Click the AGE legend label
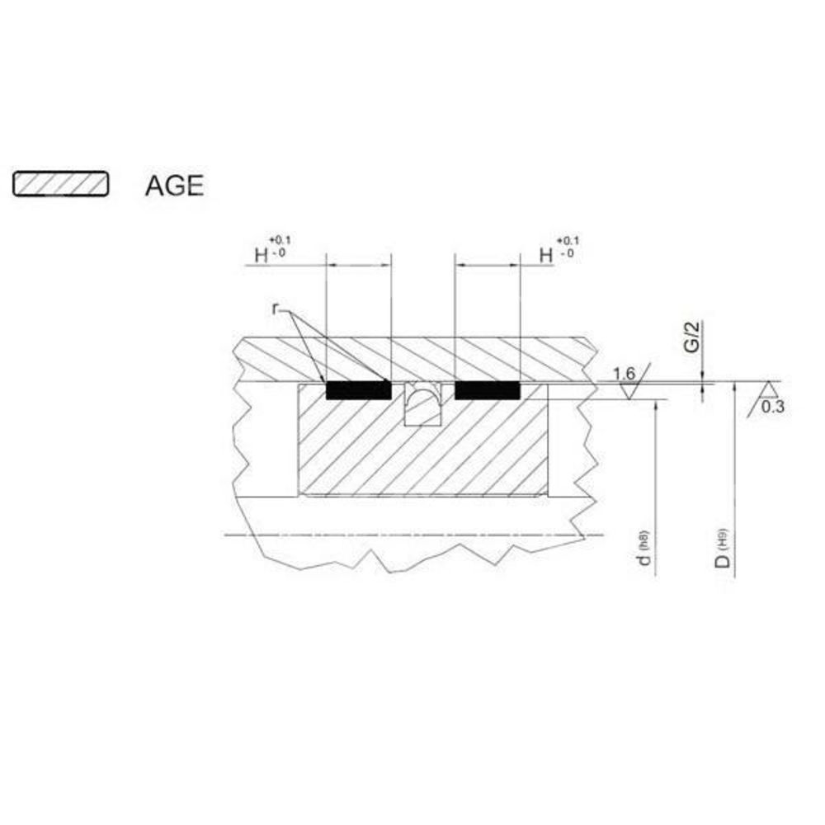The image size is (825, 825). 174,186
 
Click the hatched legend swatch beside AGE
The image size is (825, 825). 61,184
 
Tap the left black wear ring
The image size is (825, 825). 359,390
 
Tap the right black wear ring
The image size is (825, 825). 488,390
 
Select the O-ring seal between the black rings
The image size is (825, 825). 422,398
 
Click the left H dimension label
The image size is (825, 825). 262,256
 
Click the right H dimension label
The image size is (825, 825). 546,256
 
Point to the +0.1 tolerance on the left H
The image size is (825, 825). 280,240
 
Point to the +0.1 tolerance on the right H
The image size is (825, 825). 568,240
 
